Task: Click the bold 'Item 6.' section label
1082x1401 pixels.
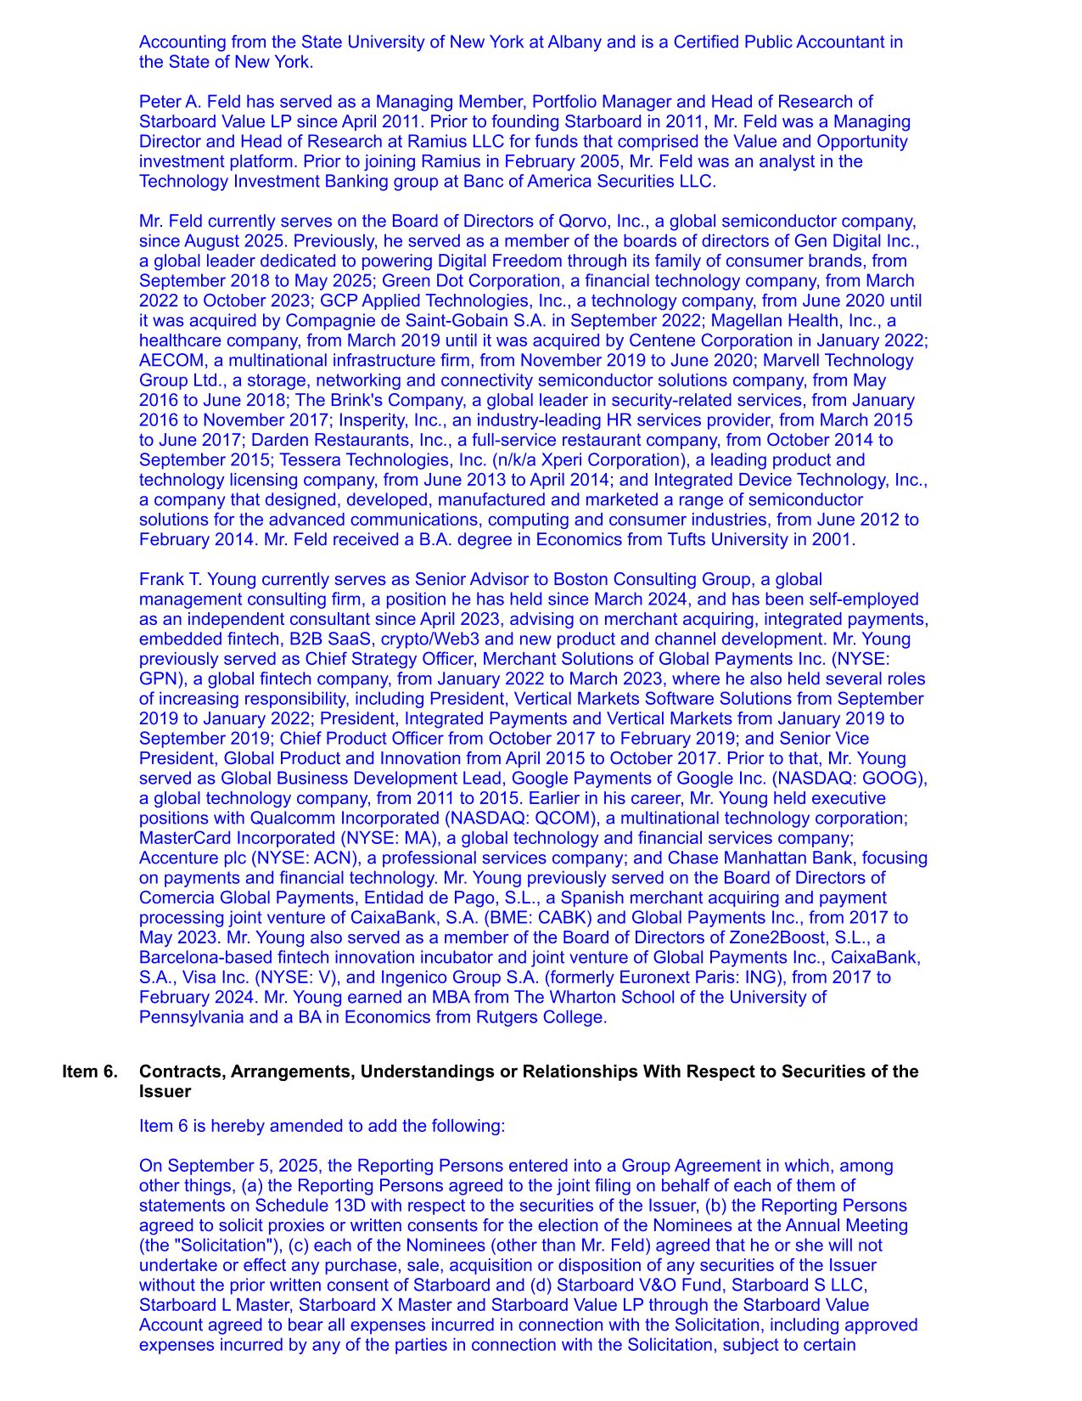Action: tap(89, 1072)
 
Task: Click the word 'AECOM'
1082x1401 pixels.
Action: tap(167, 360)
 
